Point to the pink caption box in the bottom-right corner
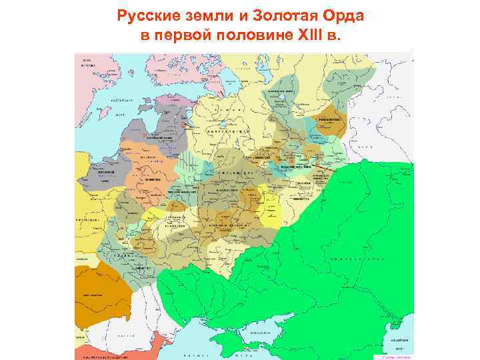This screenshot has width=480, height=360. [x=393, y=355]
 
